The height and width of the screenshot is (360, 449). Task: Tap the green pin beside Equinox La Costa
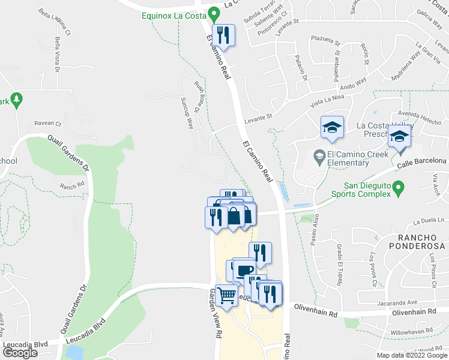214,16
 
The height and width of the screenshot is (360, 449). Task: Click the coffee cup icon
244,269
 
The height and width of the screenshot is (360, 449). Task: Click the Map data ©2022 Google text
412,355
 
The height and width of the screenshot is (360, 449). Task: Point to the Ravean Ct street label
48,124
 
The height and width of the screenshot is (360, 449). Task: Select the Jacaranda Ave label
396,303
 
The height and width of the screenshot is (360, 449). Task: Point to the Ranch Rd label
72,186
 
